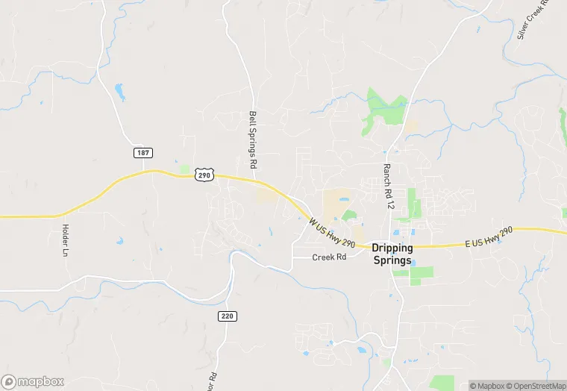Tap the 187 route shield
142,152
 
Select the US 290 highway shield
204,174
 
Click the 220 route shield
228,316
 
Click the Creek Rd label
330,257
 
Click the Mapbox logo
33,381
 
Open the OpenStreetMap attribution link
535,386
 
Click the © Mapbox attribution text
486,386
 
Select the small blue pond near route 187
119,92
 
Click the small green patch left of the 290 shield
184,169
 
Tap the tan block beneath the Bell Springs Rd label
266,195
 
